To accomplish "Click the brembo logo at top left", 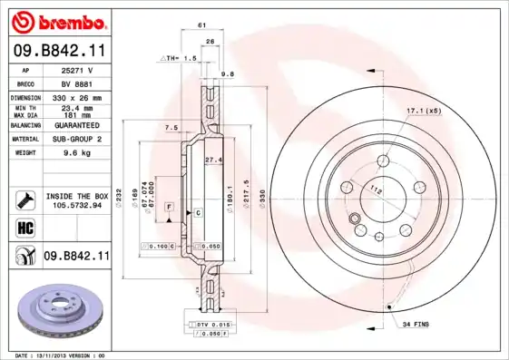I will point(57,20).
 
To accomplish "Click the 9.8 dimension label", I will point(228,73).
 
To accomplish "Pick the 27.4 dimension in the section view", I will point(214,160).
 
